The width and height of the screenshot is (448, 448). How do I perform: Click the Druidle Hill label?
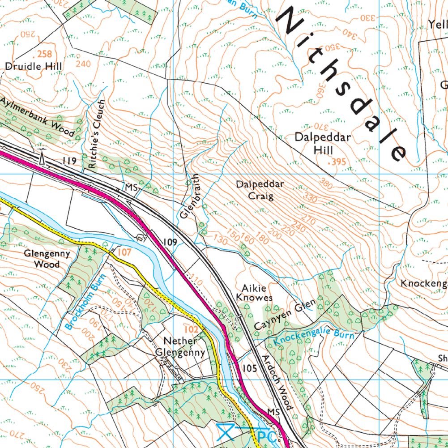33,66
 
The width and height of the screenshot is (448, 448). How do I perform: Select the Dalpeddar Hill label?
322,143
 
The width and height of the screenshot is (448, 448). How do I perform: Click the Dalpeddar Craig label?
254,190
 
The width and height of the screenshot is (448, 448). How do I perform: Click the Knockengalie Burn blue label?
313,339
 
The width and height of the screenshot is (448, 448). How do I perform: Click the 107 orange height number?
124,252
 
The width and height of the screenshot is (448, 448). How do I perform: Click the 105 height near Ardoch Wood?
250,368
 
